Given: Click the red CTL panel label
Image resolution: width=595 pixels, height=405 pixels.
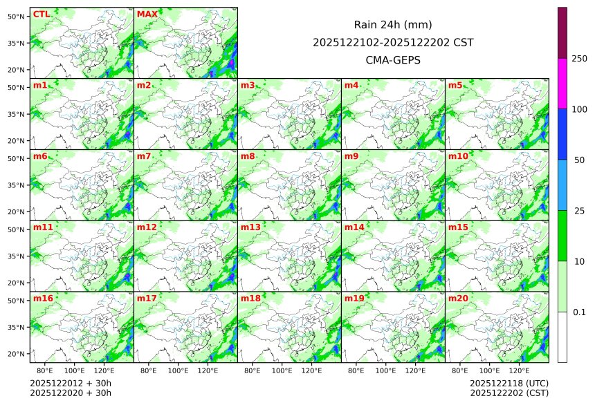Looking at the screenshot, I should coord(41,14).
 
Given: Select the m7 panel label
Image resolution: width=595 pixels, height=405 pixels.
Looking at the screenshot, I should coord(144,156).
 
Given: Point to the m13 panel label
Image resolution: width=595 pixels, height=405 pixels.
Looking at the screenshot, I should coord(250,227).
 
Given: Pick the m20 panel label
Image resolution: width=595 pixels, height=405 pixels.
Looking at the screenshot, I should coord(459,298).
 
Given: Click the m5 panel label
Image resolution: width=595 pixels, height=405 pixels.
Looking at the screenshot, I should coord(456,85).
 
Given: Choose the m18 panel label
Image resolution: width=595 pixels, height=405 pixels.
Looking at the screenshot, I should coord(250,298).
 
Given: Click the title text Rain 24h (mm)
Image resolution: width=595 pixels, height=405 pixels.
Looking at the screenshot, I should coord(393,24).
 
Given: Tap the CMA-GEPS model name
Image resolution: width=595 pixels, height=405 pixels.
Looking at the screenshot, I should coord(393,60).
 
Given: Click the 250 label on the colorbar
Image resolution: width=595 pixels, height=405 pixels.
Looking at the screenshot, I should coord(580,58).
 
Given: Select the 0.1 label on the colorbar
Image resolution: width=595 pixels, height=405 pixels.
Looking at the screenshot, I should coord(580,312).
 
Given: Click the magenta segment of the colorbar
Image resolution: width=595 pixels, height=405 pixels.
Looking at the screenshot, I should coord(562,83).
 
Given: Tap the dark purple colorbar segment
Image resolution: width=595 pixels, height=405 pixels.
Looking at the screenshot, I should coord(562,32).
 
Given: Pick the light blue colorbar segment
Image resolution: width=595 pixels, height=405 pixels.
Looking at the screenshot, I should coord(562,185).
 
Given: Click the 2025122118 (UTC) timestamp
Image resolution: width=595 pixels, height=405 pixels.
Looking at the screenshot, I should coord(509,383).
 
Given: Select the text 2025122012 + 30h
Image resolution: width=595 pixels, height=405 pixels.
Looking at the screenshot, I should coord(71,383).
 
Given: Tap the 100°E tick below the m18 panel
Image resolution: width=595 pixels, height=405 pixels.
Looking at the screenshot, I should coord(282,370).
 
